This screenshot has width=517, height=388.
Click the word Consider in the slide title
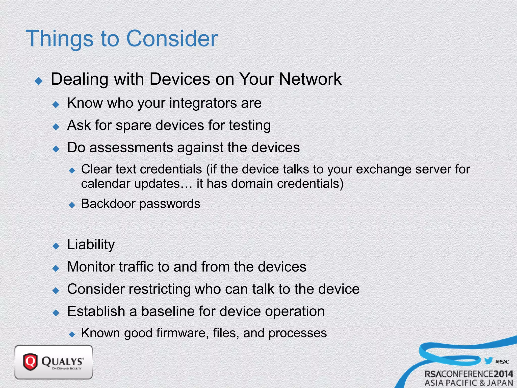click(x=172, y=38)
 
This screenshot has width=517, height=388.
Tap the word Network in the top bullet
click(x=310, y=79)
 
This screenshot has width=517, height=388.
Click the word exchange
click(x=384, y=169)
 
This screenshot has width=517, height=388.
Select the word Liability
click(x=91, y=245)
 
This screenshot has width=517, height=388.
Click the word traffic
click(x=136, y=267)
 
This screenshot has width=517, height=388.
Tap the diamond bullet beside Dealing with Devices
click(x=39, y=81)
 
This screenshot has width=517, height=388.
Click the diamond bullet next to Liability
click(x=56, y=246)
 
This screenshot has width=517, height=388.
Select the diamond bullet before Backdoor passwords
click(x=72, y=205)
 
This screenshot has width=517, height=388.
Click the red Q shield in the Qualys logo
click(x=30, y=362)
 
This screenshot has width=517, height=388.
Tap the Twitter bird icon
click(x=488, y=360)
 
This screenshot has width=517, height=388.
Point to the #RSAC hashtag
click(x=502, y=362)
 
